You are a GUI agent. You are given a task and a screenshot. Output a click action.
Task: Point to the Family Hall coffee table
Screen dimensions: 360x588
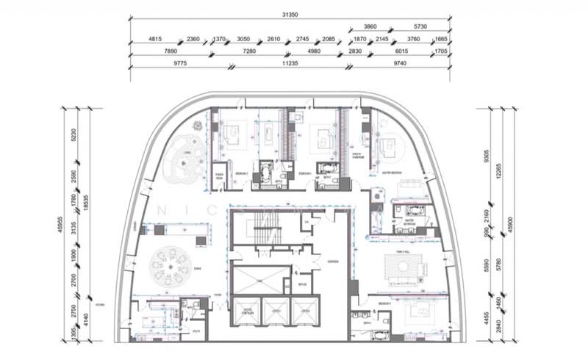click(x=402, y=270)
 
